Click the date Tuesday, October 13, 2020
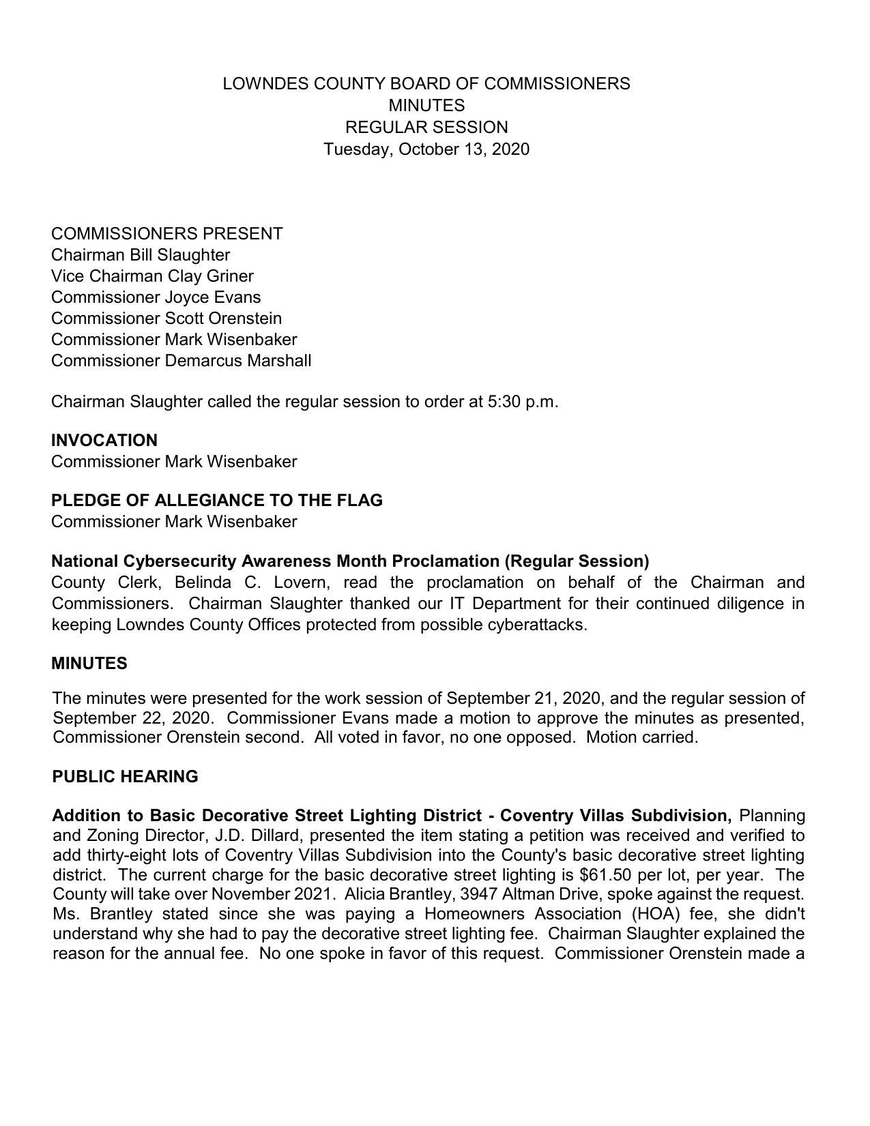(x=426, y=149)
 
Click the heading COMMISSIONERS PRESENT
(x=166, y=234)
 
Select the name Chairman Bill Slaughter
(x=140, y=255)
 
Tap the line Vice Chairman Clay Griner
(x=152, y=276)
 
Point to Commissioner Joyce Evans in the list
(x=156, y=297)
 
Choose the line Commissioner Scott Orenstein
(x=166, y=318)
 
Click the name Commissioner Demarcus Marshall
(x=181, y=361)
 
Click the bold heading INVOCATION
(x=104, y=441)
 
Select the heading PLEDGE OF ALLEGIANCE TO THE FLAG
(x=216, y=501)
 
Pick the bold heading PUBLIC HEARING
(x=125, y=777)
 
